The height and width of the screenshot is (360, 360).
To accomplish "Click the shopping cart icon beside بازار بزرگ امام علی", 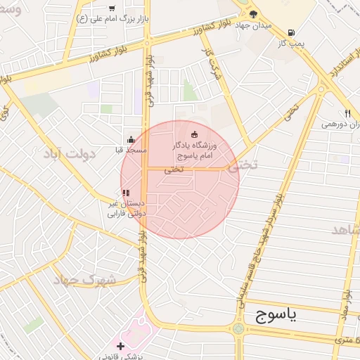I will pos(112,8).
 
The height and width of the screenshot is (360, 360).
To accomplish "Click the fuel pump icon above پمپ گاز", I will pos(290,32).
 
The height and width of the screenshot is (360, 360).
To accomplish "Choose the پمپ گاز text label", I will pos(290,44).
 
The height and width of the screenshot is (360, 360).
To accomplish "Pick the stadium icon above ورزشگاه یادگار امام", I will pos(195,134).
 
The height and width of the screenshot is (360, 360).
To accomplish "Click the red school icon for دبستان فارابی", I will pos(125,193).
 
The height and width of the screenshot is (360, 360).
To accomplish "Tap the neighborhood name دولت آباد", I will pos(79,153).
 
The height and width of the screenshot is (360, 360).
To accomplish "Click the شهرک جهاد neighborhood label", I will pos(84,279).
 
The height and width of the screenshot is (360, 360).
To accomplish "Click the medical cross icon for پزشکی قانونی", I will pos(121,346).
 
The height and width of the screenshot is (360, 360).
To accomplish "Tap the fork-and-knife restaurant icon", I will pos(347,113).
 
